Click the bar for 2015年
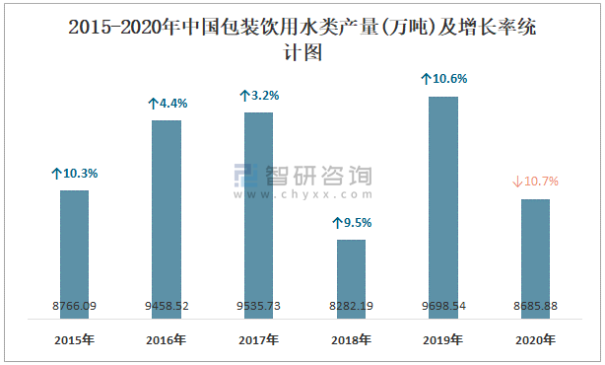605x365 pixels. tap(74, 252)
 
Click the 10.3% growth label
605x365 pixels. tap(75, 173)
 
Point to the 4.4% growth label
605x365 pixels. tap(167, 103)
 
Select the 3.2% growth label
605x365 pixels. tap(259, 96)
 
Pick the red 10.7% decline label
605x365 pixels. tap(536, 182)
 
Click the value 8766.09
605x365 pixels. tap(74, 306)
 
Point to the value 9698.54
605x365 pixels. tap(443, 306)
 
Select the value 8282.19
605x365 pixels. tap(351, 306)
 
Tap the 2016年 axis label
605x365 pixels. tap(167, 340)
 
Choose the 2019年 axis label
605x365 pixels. tap(443, 340)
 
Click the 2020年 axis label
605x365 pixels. tap(535, 340)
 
